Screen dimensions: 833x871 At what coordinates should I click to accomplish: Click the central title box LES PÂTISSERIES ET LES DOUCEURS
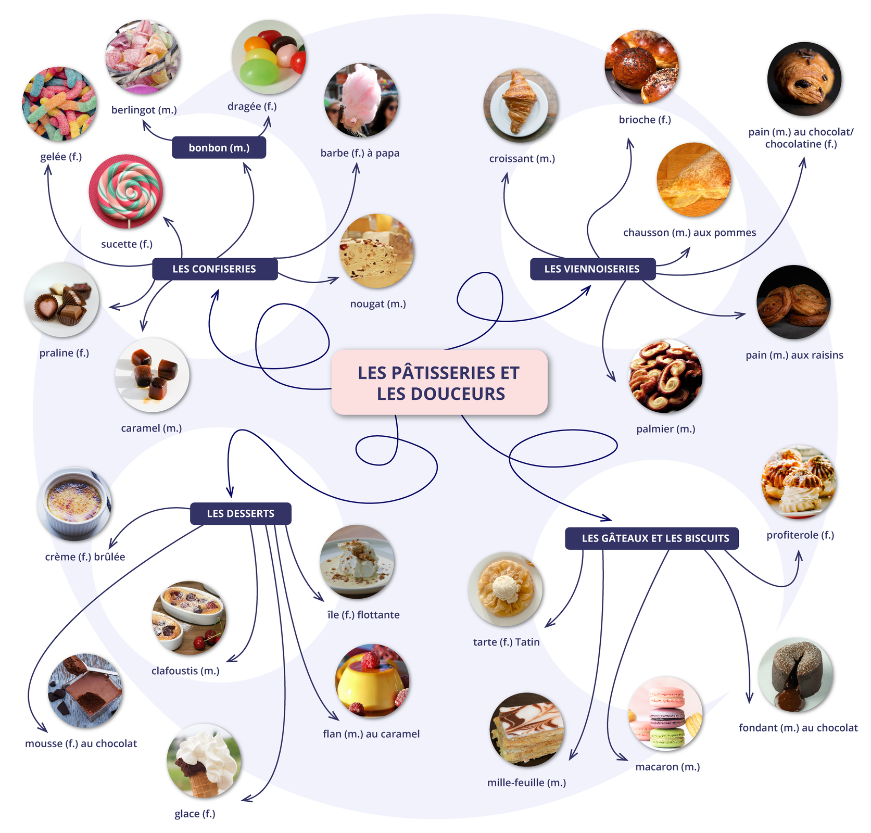click(439, 383)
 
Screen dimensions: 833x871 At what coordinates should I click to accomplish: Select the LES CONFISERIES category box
click(214, 269)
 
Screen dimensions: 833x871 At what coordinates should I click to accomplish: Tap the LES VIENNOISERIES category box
click(592, 269)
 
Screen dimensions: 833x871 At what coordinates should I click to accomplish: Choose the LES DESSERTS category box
click(241, 513)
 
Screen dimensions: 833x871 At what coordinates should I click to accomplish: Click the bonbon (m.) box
click(219, 148)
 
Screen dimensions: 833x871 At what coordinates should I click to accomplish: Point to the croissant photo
click(520, 105)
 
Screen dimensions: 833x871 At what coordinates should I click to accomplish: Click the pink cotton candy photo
click(361, 100)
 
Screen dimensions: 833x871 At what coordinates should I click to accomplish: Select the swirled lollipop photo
click(125, 191)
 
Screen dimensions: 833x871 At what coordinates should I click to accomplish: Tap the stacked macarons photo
click(666, 713)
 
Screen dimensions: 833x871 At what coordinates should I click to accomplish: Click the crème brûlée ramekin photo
click(74, 503)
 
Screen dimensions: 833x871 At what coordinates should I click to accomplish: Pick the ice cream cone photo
click(204, 760)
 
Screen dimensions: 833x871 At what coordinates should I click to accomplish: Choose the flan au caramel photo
click(372, 681)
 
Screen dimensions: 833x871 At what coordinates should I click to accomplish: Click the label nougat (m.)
click(378, 304)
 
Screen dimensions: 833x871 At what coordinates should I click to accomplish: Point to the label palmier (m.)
click(665, 429)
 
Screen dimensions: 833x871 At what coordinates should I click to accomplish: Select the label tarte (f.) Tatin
click(506, 642)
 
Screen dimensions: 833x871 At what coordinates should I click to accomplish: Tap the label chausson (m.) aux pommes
click(689, 233)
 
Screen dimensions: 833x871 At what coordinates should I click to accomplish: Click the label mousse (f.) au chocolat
click(81, 743)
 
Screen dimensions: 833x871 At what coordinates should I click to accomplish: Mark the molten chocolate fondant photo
click(795, 675)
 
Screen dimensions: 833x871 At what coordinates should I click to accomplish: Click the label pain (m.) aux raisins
click(794, 355)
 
